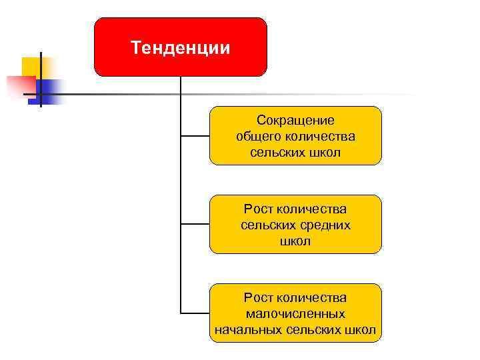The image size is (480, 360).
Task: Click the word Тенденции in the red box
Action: click(180, 48)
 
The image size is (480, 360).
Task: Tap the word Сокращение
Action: click(295, 121)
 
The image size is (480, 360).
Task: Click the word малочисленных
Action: click(295, 313)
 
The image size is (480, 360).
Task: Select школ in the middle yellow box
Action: click(295, 241)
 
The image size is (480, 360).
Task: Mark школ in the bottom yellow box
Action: click(362, 329)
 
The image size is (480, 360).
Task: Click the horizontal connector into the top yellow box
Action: click(195, 135)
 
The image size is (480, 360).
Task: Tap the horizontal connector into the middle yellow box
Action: click(195, 224)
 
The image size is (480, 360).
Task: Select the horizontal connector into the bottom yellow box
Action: click(195, 313)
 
